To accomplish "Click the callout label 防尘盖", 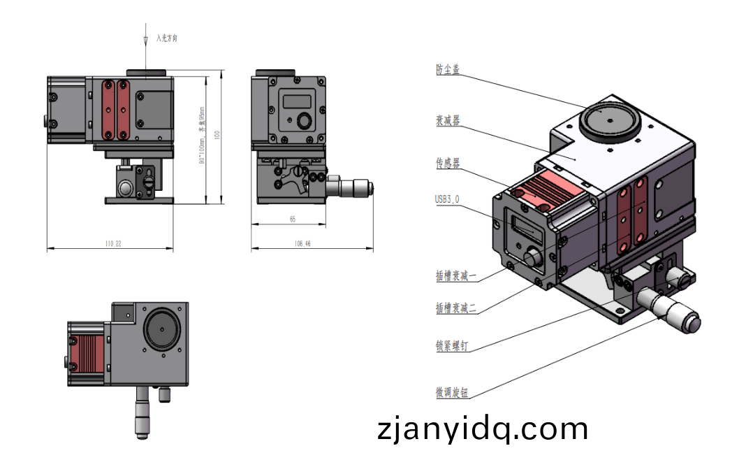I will pyautogui.click(x=448, y=69).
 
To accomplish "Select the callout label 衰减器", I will pyautogui.click(x=448, y=120).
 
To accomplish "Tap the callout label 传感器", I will pyautogui.click(x=448, y=163).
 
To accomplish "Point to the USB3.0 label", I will pyautogui.click(x=447, y=199).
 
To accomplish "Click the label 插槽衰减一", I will pyautogui.click(x=456, y=276).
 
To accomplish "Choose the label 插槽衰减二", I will pyautogui.click(x=456, y=308).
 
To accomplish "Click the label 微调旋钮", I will pyautogui.click(x=452, y=393).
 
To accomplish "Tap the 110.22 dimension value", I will pyautogui.click(x=112, y=244).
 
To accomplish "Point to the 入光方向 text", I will pyautogui.click(x=167, y=38).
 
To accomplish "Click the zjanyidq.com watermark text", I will pyautogui.click(x=482, y=429).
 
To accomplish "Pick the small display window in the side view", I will pyautogui.click(x=297, y=101).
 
